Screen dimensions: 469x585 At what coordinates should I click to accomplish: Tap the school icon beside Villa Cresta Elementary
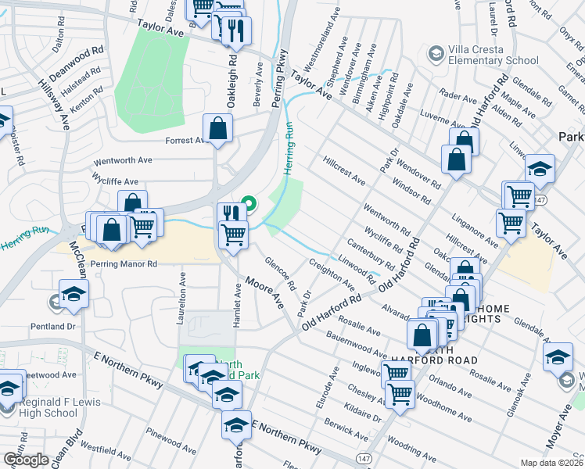436,54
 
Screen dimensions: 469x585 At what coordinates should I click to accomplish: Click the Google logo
26,460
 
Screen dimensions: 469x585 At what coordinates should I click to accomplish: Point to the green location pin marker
249,206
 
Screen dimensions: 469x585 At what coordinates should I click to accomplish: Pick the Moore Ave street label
264,292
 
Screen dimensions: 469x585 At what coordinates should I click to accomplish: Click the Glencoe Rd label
279,274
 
